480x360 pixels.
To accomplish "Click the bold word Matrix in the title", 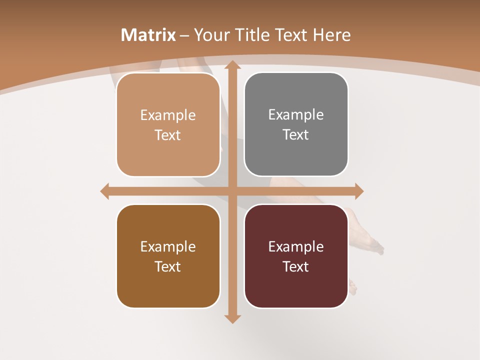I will (148, 35).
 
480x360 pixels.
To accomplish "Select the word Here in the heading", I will (331, 35).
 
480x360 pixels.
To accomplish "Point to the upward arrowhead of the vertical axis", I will (232, 65).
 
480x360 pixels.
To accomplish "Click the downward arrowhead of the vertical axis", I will (232, 318).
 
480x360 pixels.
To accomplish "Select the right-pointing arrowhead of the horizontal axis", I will (359, 191).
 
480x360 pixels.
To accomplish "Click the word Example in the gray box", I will (296, 114).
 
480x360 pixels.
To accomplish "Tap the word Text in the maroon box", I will (296, 266).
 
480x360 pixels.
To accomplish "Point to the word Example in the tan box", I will (168, 115).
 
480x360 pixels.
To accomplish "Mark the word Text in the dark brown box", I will (168, 266).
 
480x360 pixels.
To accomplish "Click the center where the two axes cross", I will (232, 191).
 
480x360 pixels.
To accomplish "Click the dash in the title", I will (184, 35).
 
